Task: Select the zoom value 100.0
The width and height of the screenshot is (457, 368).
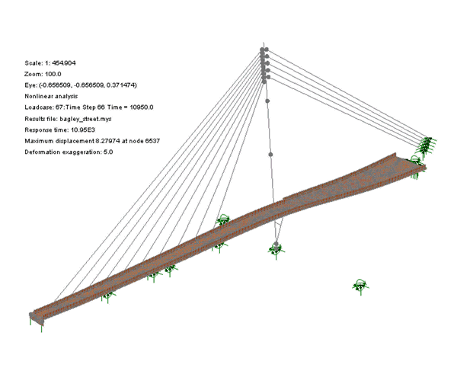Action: [53, 73]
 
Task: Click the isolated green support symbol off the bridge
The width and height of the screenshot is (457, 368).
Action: [360, 286]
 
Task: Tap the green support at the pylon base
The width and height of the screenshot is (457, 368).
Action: [275, 248]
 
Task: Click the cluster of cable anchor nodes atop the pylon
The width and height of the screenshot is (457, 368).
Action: [264, 65]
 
